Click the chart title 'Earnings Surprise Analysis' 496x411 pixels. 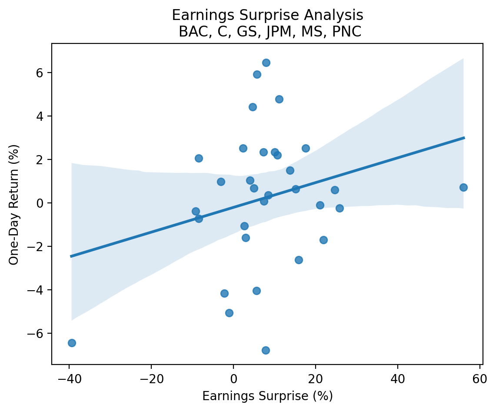point(267,15)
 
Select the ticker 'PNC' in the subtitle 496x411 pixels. point(350,32)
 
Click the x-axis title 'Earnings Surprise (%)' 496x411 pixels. point(267,396)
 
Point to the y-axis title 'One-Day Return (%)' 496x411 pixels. point(14,203)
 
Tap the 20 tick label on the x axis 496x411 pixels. point(316,376)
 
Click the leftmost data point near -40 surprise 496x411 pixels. point(72,343)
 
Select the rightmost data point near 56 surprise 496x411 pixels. point(463,187)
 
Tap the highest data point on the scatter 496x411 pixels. point(266,63)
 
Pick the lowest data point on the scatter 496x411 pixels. point(266,350)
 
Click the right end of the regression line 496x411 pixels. point(464,138)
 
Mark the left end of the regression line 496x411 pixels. point(71,256)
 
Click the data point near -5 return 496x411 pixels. point(229,313)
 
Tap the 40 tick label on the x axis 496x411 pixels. point(398,376)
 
